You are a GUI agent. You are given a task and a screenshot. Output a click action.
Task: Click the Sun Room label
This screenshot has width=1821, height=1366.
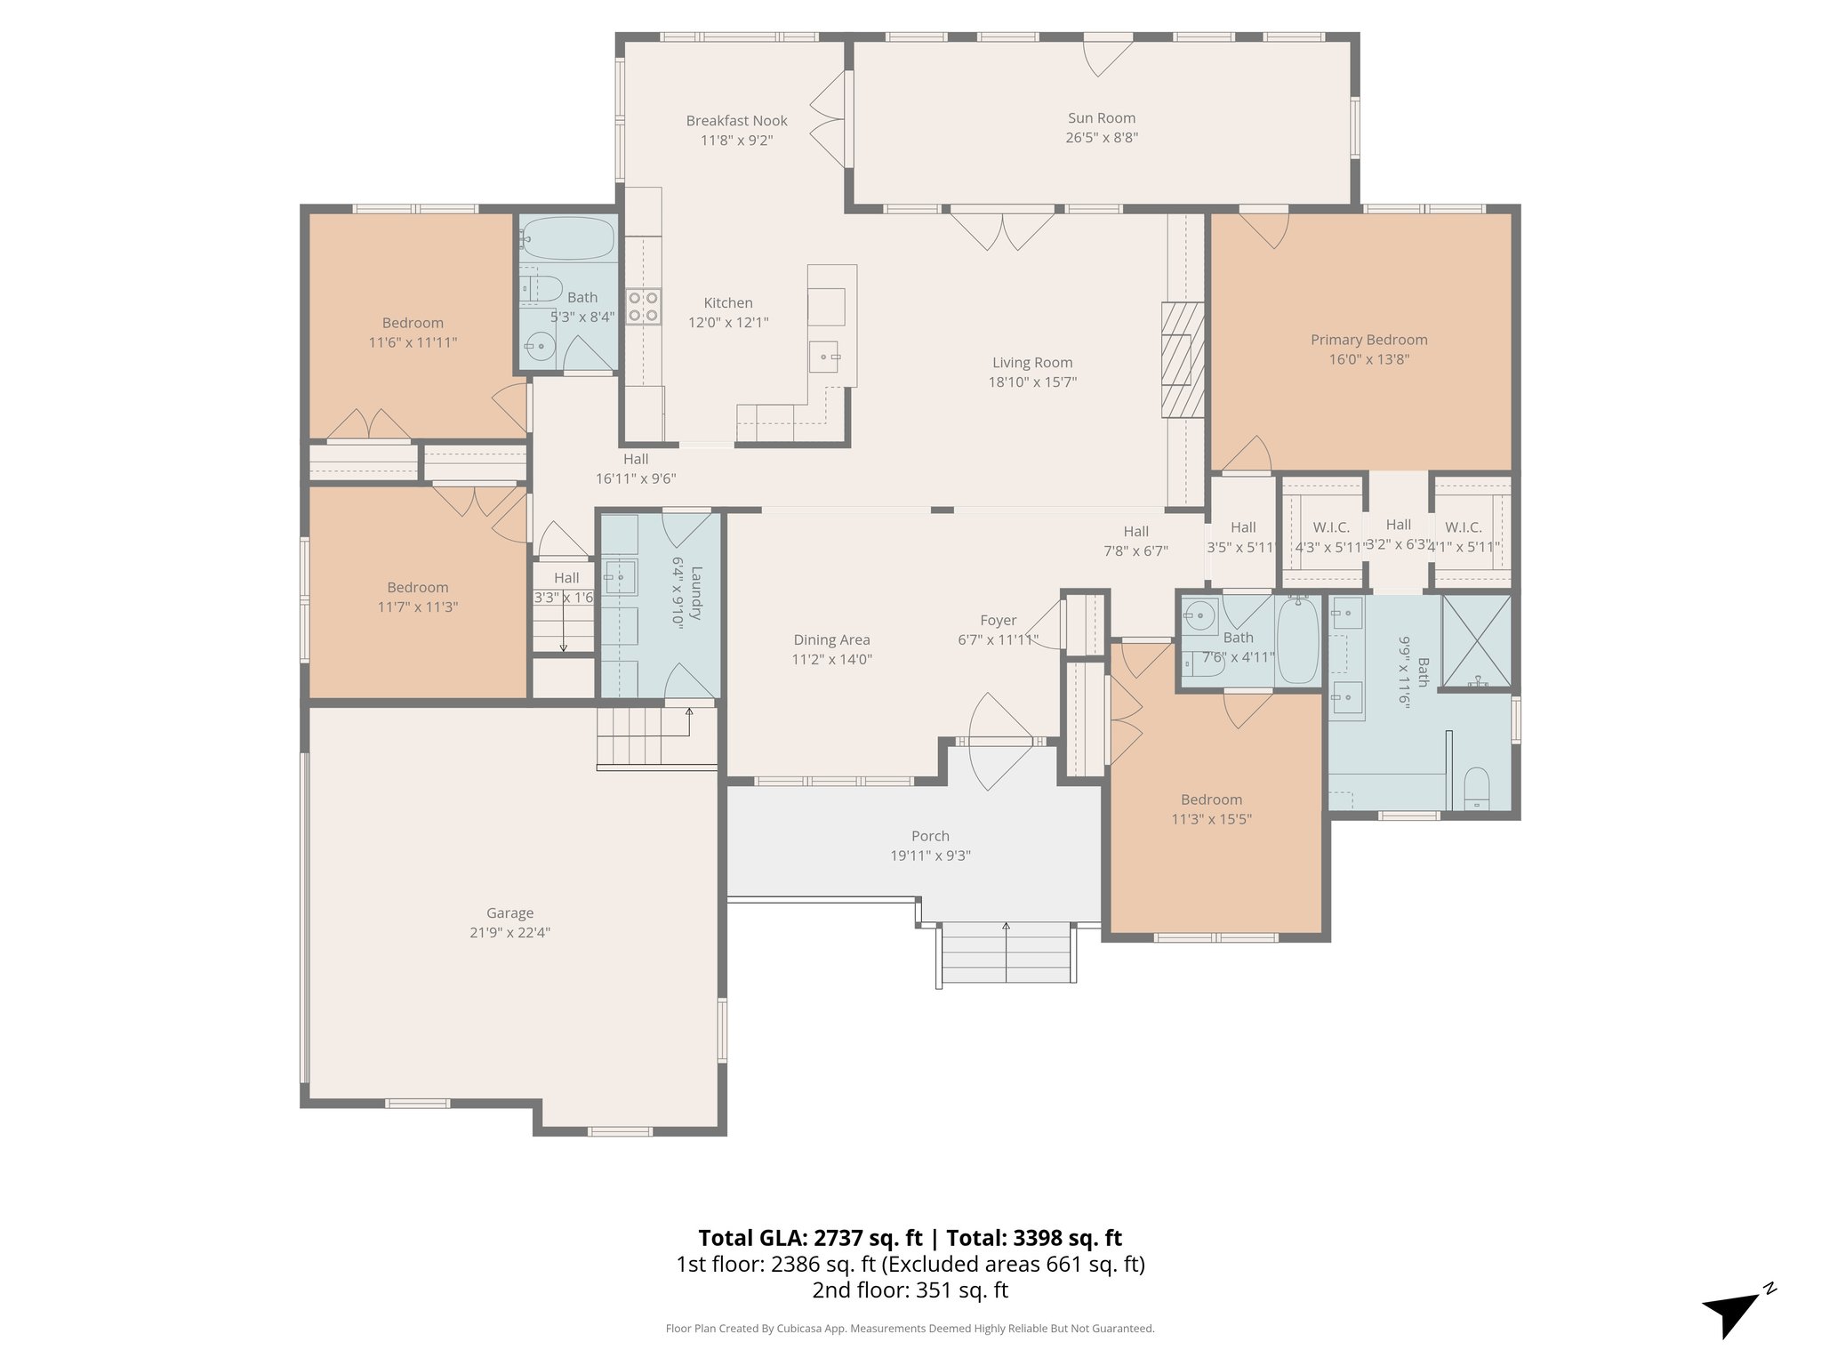point(1101,118)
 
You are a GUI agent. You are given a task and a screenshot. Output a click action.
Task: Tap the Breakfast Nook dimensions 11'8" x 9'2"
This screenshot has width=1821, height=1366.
point(736,141)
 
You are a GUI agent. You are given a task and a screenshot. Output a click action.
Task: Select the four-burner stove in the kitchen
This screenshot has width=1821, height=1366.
point(643,306)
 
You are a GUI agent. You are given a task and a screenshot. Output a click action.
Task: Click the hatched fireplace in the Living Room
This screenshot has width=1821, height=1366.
point(1182,359)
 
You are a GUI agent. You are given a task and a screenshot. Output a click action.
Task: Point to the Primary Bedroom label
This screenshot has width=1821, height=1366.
point(1368,340)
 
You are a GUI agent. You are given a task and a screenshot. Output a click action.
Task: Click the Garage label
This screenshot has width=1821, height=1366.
point(509,912)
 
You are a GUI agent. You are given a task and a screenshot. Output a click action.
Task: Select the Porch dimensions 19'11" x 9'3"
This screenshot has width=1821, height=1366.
point(930,856)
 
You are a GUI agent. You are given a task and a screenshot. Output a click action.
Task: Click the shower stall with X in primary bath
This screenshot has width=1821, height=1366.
point(1475,641)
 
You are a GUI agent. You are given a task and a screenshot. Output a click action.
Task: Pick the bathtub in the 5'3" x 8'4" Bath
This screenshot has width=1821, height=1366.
point(567,237)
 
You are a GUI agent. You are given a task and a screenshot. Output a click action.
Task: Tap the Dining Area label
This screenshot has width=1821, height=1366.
point(831,639)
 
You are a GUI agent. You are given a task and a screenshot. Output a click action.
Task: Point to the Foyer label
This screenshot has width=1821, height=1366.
point(998,620)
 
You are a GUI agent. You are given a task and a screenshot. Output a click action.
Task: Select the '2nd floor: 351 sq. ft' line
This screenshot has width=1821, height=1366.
point(910,1290)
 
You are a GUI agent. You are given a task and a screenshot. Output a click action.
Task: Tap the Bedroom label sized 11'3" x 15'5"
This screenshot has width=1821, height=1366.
point(1211,800)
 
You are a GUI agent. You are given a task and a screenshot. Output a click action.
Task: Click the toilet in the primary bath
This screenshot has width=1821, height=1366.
point(1475,788)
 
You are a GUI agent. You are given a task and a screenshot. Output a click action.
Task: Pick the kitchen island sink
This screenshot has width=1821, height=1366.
point(824,357)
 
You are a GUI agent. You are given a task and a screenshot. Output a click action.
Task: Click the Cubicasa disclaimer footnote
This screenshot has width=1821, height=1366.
point(910,1329)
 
